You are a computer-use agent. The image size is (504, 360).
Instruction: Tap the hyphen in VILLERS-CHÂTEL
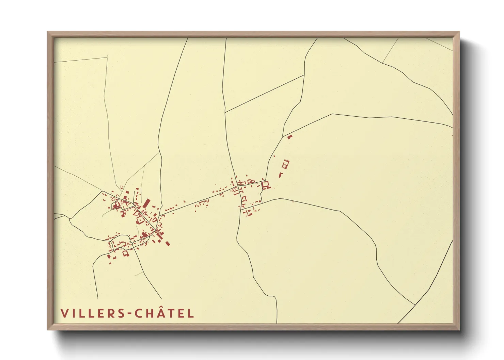pos(130,314)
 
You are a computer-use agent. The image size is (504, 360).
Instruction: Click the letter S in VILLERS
pos(122,313)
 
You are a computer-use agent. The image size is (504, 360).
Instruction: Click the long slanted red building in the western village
pos(146,203)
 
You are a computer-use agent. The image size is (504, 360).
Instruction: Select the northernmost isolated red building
pos(290,137)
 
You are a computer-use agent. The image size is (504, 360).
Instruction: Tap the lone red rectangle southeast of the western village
pos(167,243)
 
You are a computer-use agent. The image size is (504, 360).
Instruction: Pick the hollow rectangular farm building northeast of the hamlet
pos(285,164)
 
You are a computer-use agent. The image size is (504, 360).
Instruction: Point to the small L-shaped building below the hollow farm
pos(281,175)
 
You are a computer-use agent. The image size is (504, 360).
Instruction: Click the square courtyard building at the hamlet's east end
pos(266,185)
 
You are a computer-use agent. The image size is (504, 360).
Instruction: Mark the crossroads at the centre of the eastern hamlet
pos(237,187)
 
